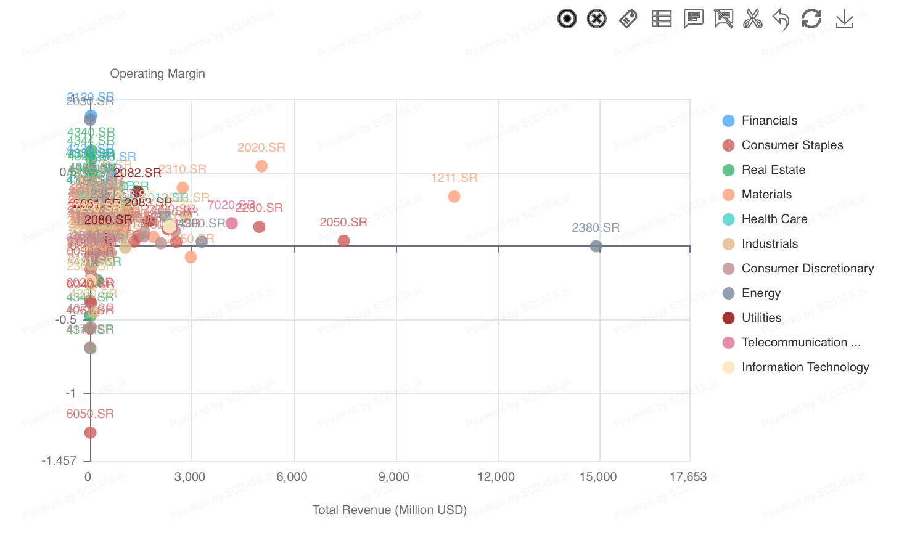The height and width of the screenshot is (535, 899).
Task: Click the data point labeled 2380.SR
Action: click(x=596, y=247)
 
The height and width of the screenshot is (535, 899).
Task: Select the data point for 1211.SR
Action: click(x=454, y=197)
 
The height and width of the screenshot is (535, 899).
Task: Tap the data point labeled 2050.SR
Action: click(x=344, y=240)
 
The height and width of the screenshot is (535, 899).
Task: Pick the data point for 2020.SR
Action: click(x=261, y=166)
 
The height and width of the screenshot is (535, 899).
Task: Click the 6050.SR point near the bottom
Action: click(x=91, y=433)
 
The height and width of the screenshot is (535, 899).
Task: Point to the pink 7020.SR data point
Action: click(x=232, y=223)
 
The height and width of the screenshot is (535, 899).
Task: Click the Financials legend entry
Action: click(x=769, y=121)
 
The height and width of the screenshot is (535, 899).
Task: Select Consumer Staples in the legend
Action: click(x=792, y=145)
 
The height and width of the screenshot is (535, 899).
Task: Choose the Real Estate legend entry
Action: click(x=773, y=170)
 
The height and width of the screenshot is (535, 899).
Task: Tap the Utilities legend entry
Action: click(x=761, y=318)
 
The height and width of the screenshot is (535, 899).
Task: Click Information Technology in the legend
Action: click(x=805, y=367)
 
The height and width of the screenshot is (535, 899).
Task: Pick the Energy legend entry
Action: click(x=761, y=293)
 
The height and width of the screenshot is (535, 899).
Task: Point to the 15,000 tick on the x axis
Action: click(x=598, y=477)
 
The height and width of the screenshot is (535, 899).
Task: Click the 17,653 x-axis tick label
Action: click(x=688, y=477)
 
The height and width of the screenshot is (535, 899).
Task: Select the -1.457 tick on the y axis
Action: click(x=59, y=461)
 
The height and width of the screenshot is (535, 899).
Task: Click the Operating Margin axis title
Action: click(x=158, y=74)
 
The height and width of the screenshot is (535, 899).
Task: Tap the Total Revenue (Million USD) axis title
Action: click(x=389, y=510)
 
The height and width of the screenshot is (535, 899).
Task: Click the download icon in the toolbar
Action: click(x=845, y=19)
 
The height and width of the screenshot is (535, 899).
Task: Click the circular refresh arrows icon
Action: click(x=811, y=19)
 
